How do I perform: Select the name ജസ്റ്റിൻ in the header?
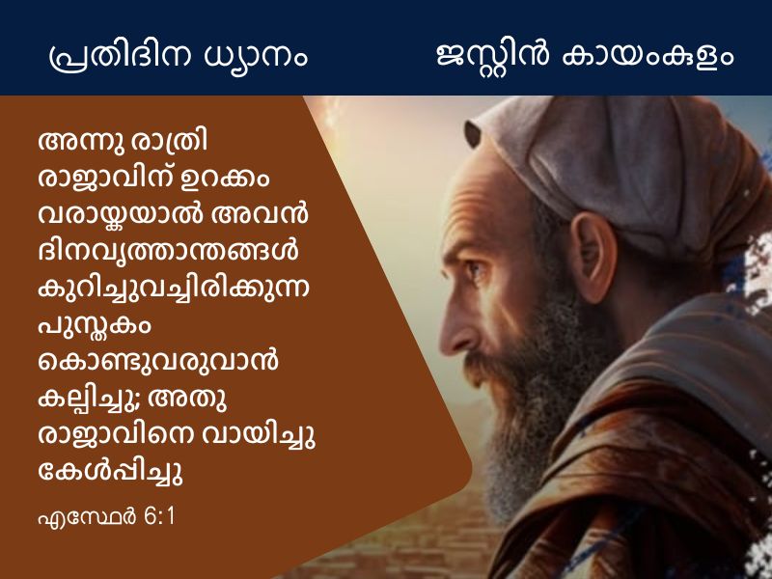pyautogui.click(x=492, y=54)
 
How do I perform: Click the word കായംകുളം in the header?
pyautogui.click(x=648, y=55)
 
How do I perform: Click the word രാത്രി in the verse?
pyautogui.click(x=170, y=142)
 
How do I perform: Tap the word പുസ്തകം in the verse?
pyautogui.click(x=95, y=325)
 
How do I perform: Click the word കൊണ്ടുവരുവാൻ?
pyautogui.click(x=158, y=361)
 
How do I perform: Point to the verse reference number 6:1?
pyautogui.click(x=159, y=517)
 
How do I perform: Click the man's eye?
pyautogui.click(x=475, y=269)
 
